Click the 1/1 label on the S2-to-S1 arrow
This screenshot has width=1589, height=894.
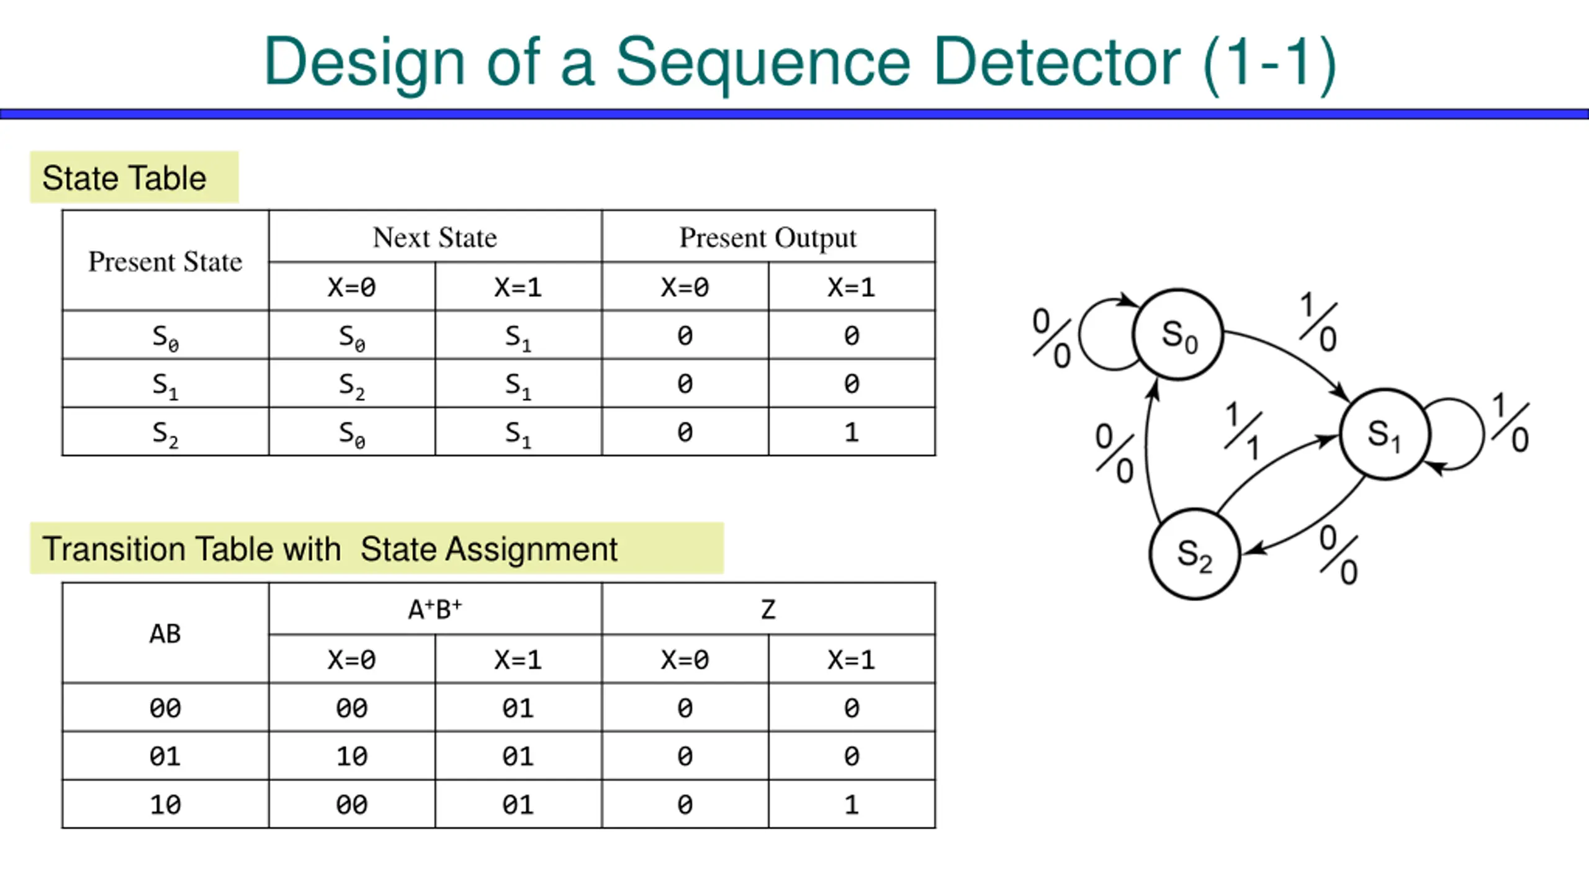[x=1243, y=431]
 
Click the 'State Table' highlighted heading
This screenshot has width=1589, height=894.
[x=124, y=178]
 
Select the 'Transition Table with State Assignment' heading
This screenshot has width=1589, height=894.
[x=330, y=549]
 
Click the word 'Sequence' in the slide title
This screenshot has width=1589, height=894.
[x=763, y=62]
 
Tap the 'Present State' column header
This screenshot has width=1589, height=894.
[x=165, y=261]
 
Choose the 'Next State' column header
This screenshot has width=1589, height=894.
[x=435, y=237]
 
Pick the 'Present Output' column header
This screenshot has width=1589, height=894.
[x=768, y=238]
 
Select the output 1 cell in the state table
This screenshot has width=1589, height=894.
[x=852, y=432]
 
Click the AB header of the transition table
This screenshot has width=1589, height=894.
[x=165, y=634]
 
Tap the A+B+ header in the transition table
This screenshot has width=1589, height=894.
[x=435, y=609]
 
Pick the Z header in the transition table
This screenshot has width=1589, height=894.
[x=768, y=610]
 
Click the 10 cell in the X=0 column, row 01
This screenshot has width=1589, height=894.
[x=352, y=756]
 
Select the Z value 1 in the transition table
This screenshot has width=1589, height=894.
[x=852, y=805]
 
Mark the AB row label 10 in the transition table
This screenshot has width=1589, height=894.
[x=165, y=805]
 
